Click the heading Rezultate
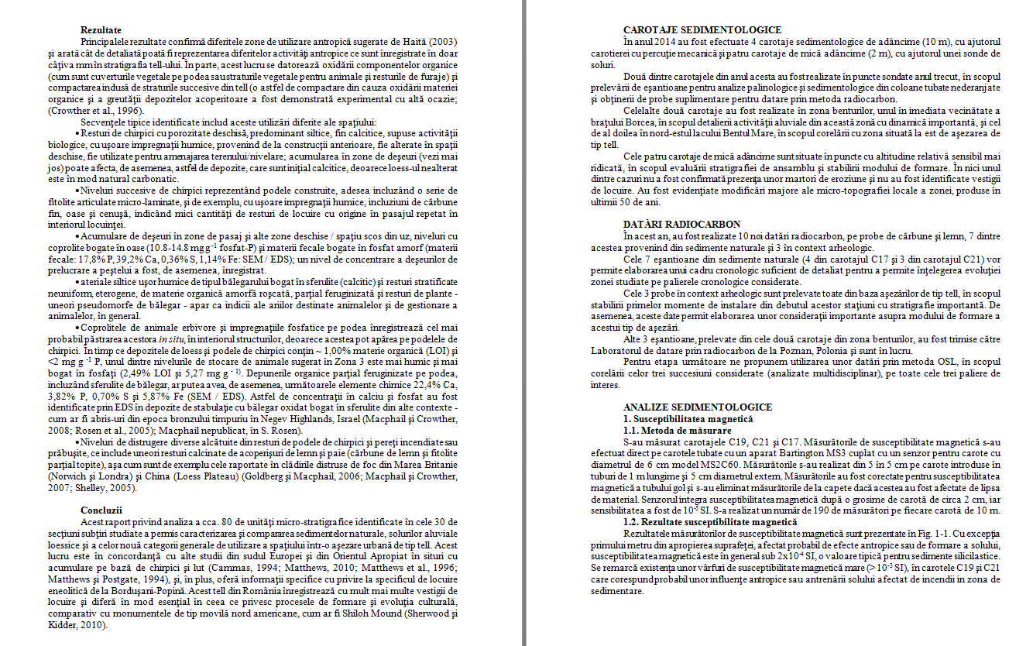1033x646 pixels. (x=101, y=29)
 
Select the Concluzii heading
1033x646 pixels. (x=101, y=510)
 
